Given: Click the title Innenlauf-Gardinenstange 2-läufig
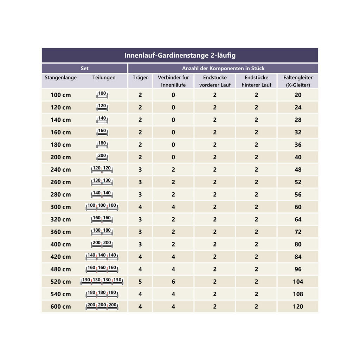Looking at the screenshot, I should pyautogui.click(x=180, y=56).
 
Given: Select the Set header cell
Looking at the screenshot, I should pyautogui.click(x=85, y=68).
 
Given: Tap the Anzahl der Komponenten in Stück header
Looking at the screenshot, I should pyautogui.click(x=223, y=68).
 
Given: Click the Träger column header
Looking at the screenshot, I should pyautogui.click(x=140, y=78).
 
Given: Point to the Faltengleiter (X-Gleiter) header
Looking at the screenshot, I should pyautogui.click(x=298, y=81).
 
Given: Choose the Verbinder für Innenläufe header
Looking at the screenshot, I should pyautogui.click(x=173, y=81).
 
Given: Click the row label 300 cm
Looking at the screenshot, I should pyautogui.click(x=60, y=207).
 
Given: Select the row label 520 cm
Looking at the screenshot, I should pyautogui.click(x=60, y=282).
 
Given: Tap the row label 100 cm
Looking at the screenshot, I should pyautogui.click(x=60, y=95).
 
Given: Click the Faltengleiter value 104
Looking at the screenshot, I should pyautogui.click(x=298, y=282).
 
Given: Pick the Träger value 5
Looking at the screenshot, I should pyautogui.click(x=140, y=282).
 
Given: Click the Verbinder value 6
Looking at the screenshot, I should pyautogui.click(x=173, y=282).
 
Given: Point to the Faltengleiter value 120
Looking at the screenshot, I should pyautogui.click(x=298, y=307).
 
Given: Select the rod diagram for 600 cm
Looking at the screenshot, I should pyautogui.click(x=102, y=307).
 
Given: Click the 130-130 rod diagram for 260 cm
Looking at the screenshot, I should pyautogui.click(x=102, y=182).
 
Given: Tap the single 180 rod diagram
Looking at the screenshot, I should pyautogui.click(x=102, y=145).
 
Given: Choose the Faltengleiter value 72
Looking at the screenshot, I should pyautogui.click(x=298, y=232).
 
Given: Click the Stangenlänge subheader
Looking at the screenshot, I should pyautogui.click(x=60, y=78).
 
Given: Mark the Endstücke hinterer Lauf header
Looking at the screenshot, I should pyautogui.click(x=256, y=81).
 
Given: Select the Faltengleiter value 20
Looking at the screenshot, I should pyautogui.click(x=298, y=95).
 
